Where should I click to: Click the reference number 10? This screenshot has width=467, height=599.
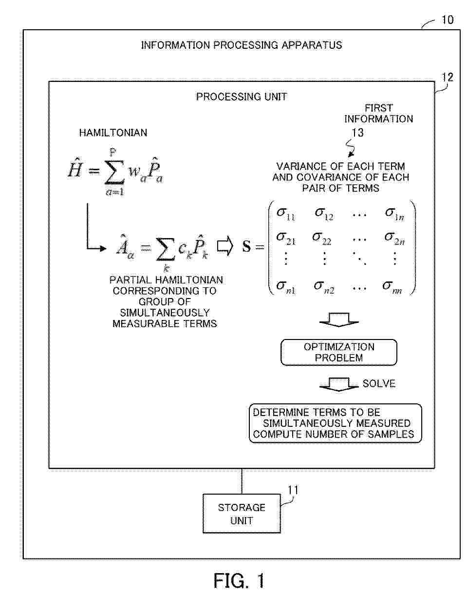(x=448, y=20)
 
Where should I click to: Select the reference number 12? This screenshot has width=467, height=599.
(x=447, y=77)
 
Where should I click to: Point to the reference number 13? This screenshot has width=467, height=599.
(x=357, y=133)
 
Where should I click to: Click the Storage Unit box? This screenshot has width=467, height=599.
(x=242, y=513)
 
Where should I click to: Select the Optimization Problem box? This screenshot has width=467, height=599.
(x=339, y=352)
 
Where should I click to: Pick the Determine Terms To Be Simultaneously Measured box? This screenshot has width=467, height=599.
(x=335, y=423)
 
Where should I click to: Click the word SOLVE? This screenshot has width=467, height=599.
(x=379, y=383)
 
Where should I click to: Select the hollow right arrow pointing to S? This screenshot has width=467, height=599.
(x=225, y=246)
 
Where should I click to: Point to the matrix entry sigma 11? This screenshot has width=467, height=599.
(x=286, y=214)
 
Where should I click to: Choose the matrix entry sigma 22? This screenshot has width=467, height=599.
(x=322, y=238)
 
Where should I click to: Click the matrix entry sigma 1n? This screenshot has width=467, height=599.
(x=394, y=214)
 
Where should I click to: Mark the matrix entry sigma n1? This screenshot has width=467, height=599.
(x=286, y=287)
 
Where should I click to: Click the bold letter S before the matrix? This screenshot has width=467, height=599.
(x=246, y=246)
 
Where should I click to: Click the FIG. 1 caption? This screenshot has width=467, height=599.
(x=239, y=580)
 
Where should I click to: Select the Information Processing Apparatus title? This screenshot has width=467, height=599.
(x=242, y=45)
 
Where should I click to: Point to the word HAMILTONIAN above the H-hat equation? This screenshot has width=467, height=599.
(x=113, y=133)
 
